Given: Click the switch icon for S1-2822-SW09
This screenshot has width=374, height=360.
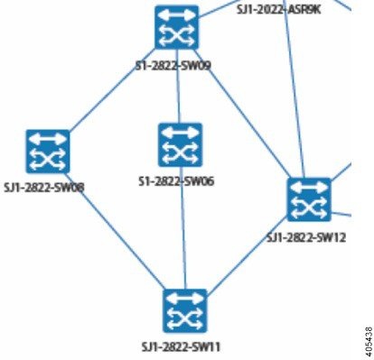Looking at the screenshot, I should (176, 27).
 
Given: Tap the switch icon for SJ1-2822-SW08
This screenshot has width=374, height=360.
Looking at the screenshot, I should (48, 151).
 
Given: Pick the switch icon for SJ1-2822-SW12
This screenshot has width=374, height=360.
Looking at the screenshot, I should (310, 199).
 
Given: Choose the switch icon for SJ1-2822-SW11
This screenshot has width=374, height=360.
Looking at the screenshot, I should (185, 311).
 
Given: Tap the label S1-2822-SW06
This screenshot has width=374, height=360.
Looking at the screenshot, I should (177, 180).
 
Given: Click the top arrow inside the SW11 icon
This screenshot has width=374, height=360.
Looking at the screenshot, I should (185, 300).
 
